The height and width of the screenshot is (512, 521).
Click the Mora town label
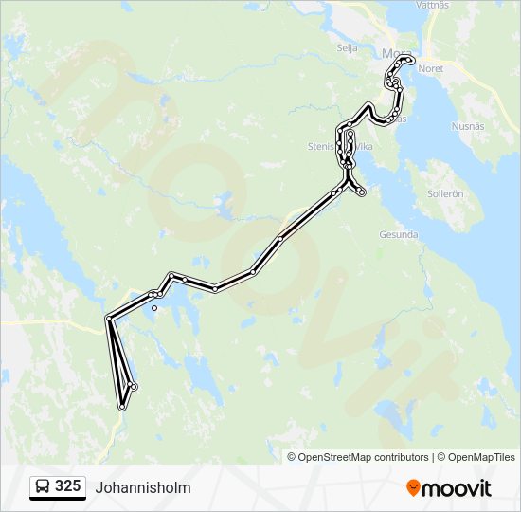tap(391, 53)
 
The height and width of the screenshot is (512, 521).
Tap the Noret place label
tap(431, 68)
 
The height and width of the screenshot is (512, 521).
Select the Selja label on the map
tap(347, 46)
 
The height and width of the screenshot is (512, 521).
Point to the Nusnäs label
tap(468, 124)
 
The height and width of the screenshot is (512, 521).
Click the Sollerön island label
tap(445, 192)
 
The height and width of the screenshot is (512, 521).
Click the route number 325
tap(67, 486)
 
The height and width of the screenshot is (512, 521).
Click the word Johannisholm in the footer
tap(143, 488)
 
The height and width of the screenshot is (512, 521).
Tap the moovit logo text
tap(457, 488)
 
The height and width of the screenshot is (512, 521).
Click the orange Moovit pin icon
tap(413, 488)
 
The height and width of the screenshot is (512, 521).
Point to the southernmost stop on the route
tap(122, 407)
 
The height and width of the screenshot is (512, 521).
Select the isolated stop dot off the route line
tap(154, 307)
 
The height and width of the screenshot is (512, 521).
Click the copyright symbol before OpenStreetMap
tap(293, 457)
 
